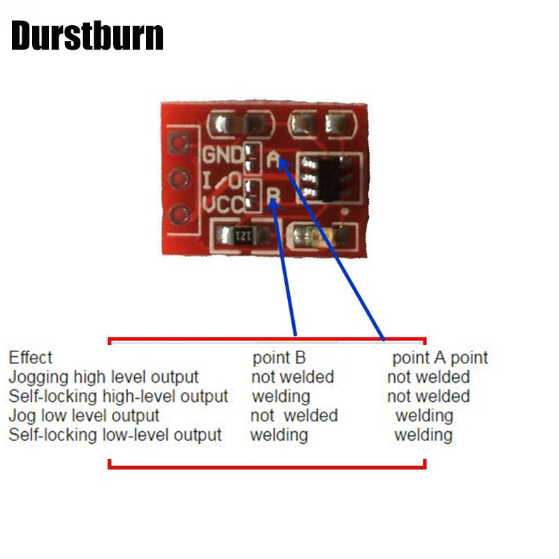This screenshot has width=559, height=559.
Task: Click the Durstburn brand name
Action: (x=87, y=36)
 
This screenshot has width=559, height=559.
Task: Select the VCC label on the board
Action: (x=223, y=205)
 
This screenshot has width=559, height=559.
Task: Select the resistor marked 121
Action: (x=242, y=235)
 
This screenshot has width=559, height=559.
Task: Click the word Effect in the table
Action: (x=30, y=358)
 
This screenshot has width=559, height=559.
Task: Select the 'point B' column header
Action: (x=279, y=358)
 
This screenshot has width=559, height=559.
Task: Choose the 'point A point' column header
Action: (x=440, y=358)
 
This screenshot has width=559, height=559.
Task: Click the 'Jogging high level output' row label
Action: (x=103, y=377)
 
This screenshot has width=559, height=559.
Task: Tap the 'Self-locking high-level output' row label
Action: (x=118, y=396)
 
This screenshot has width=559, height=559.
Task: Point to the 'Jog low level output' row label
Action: (x=84, y=416)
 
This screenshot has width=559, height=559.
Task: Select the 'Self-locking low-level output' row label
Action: (x=115, y=435)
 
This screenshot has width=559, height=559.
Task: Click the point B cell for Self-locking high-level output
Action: (x=280, y=396)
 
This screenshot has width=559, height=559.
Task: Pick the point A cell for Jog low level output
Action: (x=424, y=416)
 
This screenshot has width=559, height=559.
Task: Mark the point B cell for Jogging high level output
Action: (x=292, y=377)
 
